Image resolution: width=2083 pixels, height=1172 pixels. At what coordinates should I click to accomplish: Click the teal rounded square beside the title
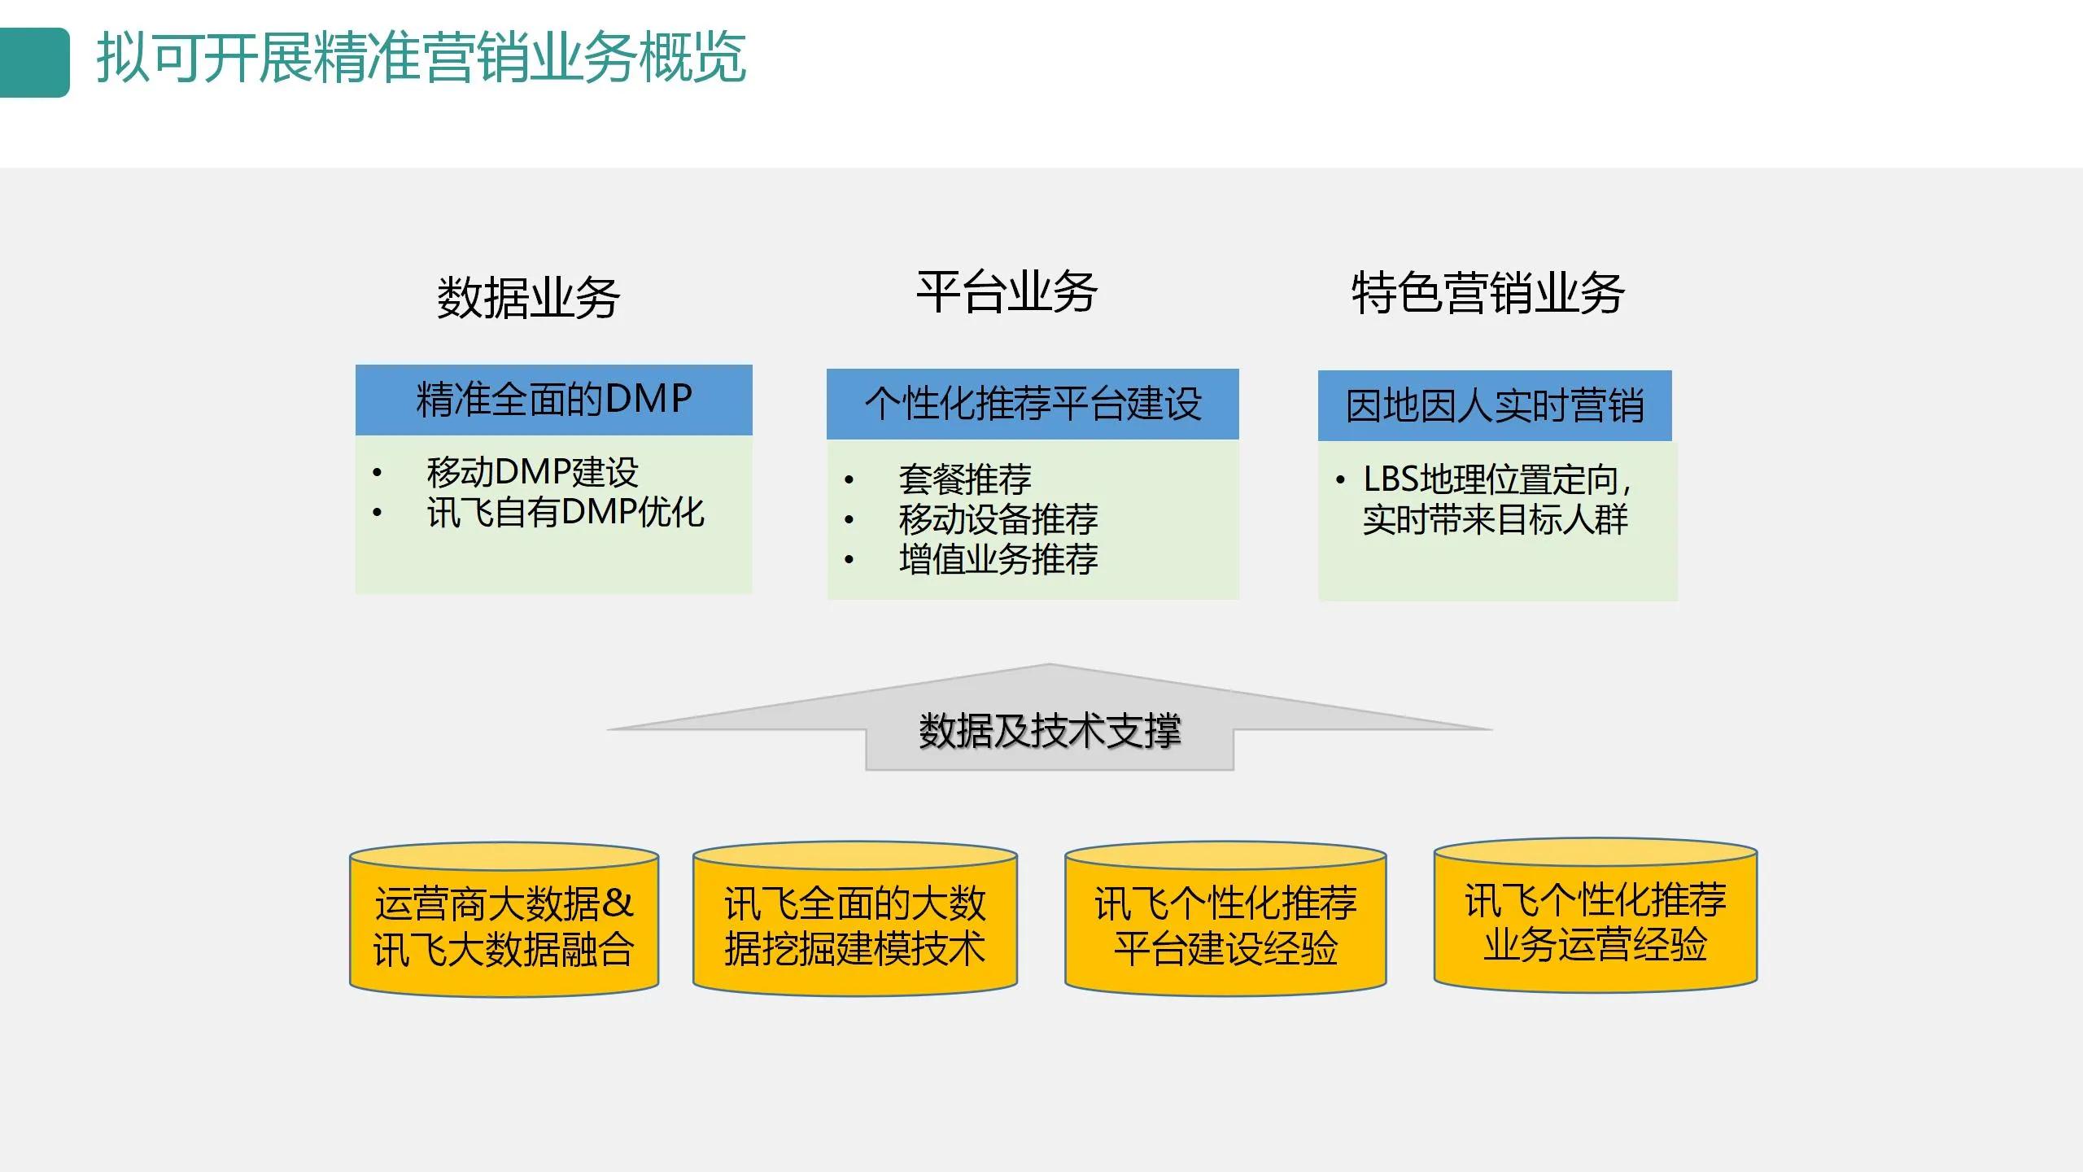pyautogui.click(x=34, y=63)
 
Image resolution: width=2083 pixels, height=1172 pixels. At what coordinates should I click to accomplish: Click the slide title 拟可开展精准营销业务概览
pyautogui.click(x=421, y=59)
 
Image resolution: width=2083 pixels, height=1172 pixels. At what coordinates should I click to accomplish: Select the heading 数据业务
pyautogui.click(x=528, y=298)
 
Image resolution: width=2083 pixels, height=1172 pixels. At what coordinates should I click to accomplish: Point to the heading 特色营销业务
pyautogui.click(x=1487, y=294)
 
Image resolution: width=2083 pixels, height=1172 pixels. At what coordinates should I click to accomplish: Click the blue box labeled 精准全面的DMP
pyautogui.click(x=553, y=400)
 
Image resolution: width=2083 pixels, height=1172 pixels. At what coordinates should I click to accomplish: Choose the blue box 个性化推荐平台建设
pyautogui.click(x=1032, y=404)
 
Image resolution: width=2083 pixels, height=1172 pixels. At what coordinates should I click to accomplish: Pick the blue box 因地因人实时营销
pyautogui.click(x=1494, y=406)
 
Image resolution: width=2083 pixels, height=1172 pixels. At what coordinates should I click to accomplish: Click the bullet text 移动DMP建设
pyautogui.click(x=532, y=472)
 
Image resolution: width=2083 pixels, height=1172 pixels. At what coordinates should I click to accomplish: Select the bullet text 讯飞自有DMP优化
pyautogui.click(x=565, y=513)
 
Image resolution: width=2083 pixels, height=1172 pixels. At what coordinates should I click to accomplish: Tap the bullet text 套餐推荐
pyautogui.click(x=964, y=479)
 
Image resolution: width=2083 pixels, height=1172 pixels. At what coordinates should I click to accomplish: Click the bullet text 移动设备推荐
pyautogui.click(x=998, y=519)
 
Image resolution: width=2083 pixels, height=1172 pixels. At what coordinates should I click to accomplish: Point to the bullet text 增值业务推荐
pyautogui.click(x=998, y=559)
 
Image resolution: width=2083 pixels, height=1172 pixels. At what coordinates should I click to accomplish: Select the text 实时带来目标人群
pyautogui.click(x=1495, y=520)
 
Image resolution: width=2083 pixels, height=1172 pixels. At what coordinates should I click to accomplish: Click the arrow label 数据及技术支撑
pyautogui.click(x=1049, y=730)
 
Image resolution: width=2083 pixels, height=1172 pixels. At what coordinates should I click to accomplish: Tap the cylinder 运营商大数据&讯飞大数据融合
pyautogui.click(x=504, y=926)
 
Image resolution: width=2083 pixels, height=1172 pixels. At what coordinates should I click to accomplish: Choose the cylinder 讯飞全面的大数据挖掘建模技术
pyautogui.click(x=854, y=926)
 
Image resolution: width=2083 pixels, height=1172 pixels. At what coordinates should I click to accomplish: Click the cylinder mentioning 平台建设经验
pyautogui.click(x=1225, y=926)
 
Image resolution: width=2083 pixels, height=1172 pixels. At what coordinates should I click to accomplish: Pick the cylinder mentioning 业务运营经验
pyautogui.click(x=1595, y=923)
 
